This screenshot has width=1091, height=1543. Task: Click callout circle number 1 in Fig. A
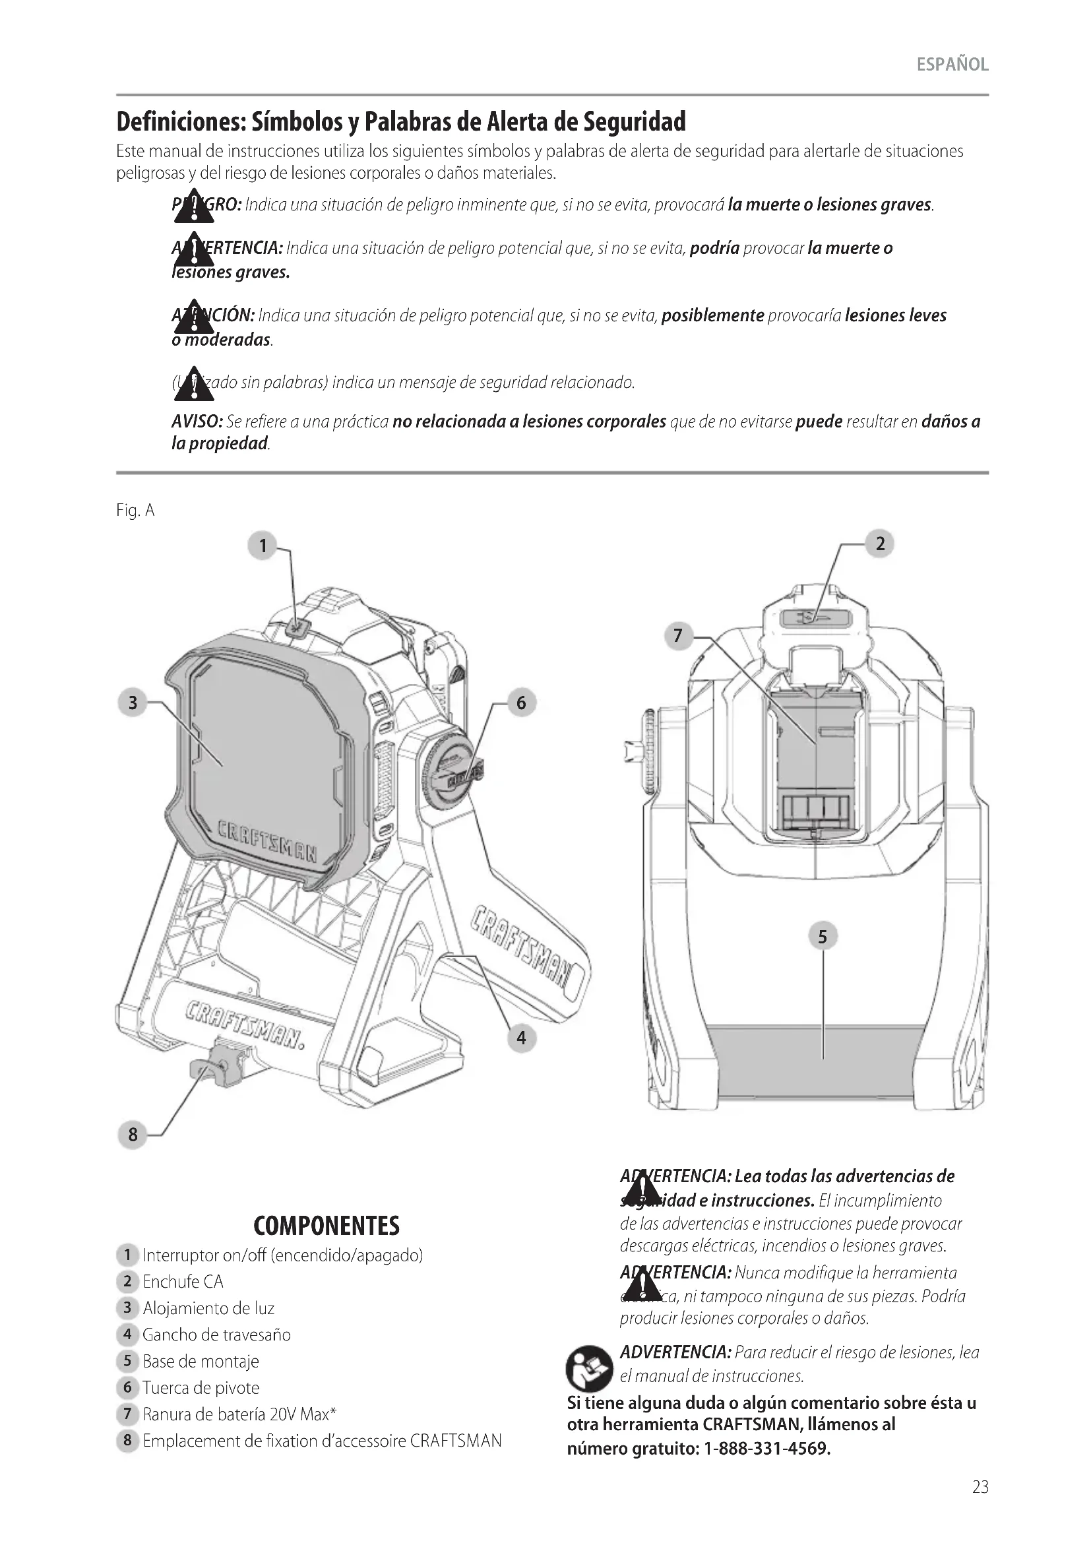click(x=263, y=546)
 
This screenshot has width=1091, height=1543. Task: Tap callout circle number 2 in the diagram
click(x=880, y=544)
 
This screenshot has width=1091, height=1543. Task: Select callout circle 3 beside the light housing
click(x=133, y=703)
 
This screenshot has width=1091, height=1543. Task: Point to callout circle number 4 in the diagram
click(x=521, y=1038)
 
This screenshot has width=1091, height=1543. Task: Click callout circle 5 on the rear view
click(x=823, y=936)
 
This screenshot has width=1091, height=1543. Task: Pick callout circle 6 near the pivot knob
click(x=521, y=703)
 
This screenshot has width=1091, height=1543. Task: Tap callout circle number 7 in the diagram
click(x=678, y=635)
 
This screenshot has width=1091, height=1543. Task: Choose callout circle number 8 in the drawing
click(x=133, y=1135)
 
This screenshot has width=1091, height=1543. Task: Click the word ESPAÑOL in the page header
click(x=952, y=65)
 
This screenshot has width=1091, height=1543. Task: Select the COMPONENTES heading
click(x=327, y=1226)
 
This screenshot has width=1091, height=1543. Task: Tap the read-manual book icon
click(x=589, y=1368)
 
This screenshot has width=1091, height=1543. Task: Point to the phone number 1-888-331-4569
click(x=766, y=1447)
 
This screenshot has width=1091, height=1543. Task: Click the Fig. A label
click(x=135, y=511)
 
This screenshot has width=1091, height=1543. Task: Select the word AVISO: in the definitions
click(x=197, y=422)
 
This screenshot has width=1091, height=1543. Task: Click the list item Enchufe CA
click(x=183, y=1282)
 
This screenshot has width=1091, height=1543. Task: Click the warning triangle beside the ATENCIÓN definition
click(x=193, y=317)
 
